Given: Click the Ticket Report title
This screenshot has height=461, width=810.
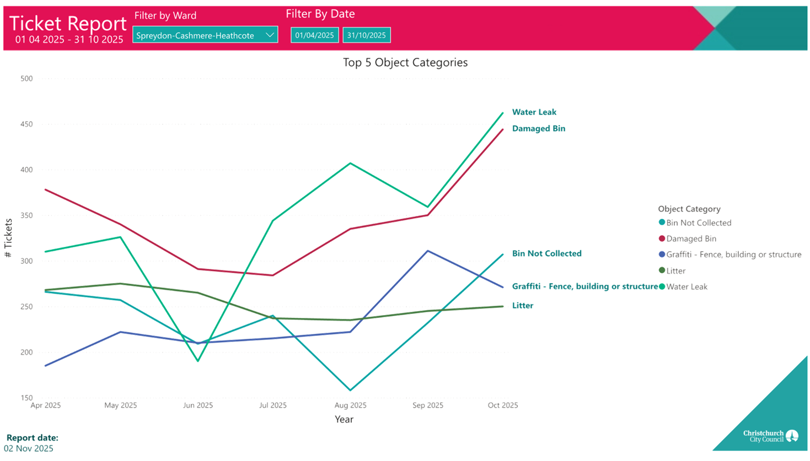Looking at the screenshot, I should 68,24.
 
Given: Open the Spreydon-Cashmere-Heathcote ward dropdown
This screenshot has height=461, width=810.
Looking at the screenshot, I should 205,35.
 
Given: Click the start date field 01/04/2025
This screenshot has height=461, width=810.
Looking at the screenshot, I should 314,35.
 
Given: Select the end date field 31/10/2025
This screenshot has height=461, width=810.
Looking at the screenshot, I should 366,35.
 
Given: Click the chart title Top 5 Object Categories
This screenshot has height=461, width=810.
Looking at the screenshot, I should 405,63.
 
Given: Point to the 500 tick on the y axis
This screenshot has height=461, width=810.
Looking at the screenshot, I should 26,79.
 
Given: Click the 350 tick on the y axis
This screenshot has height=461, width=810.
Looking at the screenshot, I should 26,215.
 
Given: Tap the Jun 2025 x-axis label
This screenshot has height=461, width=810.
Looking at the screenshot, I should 198,405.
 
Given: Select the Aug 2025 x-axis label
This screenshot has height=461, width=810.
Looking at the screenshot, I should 350,405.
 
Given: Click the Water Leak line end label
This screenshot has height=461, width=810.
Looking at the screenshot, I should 534,112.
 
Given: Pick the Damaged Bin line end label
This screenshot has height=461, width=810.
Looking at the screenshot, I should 538,129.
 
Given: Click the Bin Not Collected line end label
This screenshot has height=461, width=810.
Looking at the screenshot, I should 546,254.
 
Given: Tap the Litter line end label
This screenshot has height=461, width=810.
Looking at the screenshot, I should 522,306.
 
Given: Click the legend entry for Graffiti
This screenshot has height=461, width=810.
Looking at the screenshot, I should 733,254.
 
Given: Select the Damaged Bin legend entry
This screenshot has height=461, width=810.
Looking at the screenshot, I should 691,239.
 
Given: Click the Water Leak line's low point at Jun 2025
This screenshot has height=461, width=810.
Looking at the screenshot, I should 198,361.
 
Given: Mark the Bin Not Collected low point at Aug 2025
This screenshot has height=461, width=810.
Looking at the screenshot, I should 350,391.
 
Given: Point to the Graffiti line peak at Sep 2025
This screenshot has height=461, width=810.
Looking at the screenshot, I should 428,251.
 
